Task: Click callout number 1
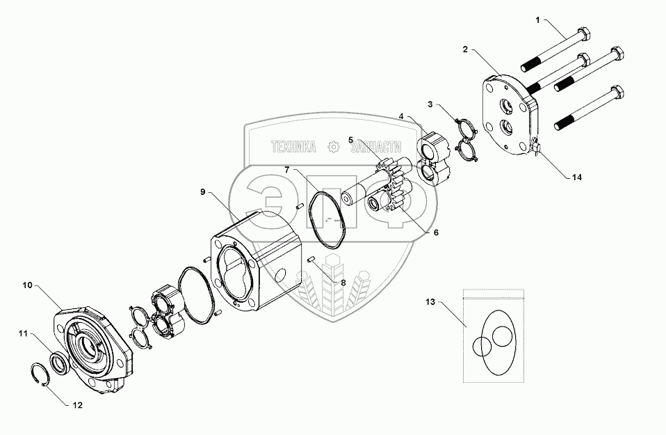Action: click(537, 21)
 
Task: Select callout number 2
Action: click(465, 49)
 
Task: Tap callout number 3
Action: click(431, 105)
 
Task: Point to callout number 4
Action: click(401, 116)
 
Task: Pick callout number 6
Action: click(436, 232)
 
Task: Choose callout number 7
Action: click(286, 170)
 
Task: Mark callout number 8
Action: click(342, 283)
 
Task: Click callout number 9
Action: click(203, 192)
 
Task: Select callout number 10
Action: click(27, 285)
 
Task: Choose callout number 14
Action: click(576, 177)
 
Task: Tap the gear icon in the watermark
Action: click(334, 146)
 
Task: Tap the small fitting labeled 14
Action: click(536, 146)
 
